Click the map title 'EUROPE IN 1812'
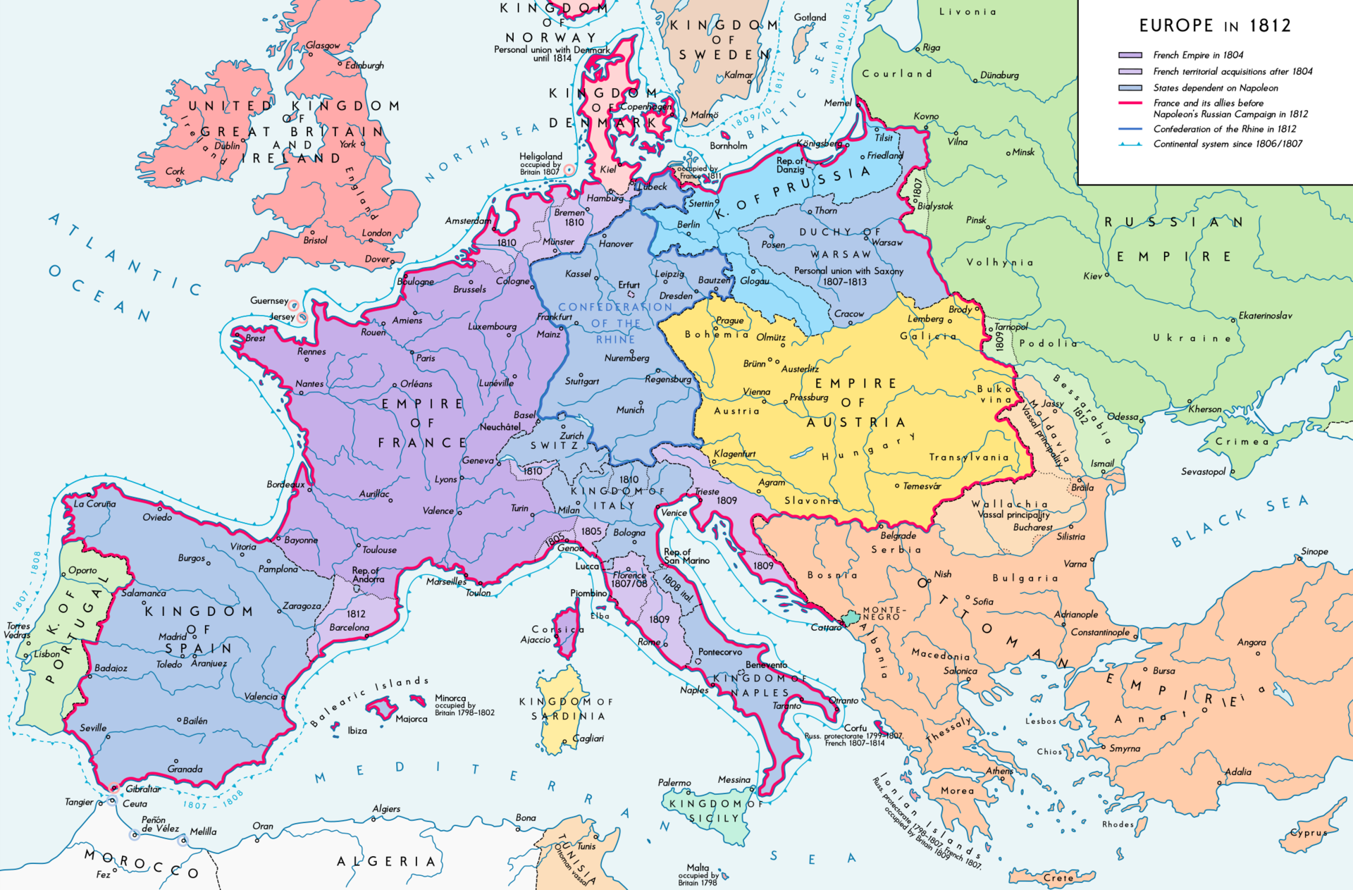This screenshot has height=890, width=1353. point(1215,26)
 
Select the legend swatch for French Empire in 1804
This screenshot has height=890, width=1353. point(1130,55)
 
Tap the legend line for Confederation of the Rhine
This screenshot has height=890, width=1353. point(1130,129)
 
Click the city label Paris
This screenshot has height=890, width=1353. point(426,358)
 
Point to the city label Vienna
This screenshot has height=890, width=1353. point(756,392)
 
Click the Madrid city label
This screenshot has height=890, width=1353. point(173,636)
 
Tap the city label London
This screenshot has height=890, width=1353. point(376,233)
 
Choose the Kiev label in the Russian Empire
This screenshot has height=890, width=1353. point(1092,276)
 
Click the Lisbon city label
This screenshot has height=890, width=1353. point(47,654)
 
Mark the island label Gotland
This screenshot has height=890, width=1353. point(810,18)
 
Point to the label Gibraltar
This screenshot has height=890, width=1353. point(143,789)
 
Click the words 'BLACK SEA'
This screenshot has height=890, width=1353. point(1240,521)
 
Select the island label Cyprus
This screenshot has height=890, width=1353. point(1308,832)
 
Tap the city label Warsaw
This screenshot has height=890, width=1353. point(886,242)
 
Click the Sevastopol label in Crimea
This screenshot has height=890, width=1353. point(1203,471)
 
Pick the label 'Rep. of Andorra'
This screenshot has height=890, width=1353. point(368,574)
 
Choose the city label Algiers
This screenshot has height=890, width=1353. point(386,809)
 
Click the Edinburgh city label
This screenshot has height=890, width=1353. point(364,66)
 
